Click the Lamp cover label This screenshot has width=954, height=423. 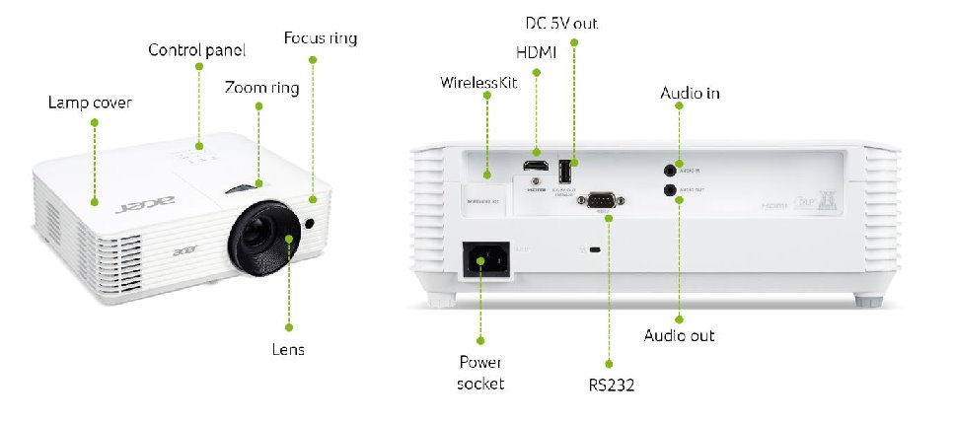click(90, 102)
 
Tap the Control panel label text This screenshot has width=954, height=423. click(196, 49)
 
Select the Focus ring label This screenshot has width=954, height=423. click(320, 38)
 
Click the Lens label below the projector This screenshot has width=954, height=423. click(289, 349)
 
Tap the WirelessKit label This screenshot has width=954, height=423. click(478, 82)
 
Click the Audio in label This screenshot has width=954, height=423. click(690, 94)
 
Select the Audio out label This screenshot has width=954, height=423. click(679, 336)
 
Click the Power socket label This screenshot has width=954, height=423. click(480, 373)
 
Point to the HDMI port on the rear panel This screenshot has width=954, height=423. click(536, 165)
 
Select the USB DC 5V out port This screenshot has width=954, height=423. click(565, 167)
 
